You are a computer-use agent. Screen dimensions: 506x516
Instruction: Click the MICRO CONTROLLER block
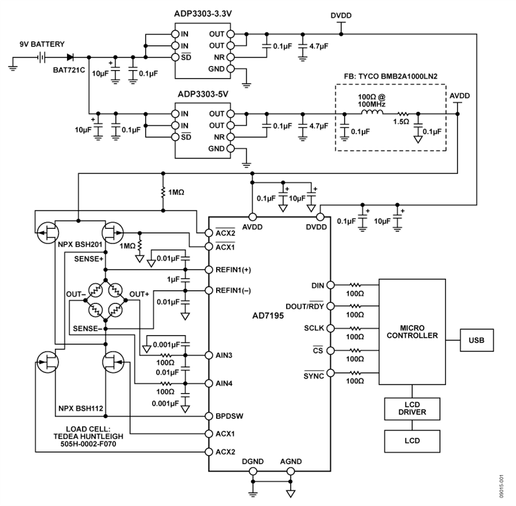pyautogui.click(x=411, y=332)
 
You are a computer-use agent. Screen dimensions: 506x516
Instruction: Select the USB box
pyautogui.click(x=476, y=340)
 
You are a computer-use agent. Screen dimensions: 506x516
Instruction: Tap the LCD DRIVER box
pyautogui.click(x=411, y=408)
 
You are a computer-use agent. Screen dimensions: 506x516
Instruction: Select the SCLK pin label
pyautogui.click(x=314, y=328)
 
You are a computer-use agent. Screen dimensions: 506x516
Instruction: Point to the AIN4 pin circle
pyautogui.click(x=208, y=383)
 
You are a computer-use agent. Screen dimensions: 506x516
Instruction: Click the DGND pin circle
pyautogui.click(x=252, y=472)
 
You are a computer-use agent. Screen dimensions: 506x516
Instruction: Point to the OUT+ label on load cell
pyautogui.click(x=139, y=294)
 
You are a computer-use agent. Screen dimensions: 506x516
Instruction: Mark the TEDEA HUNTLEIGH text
pyautogui.click(x=83, y=435)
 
